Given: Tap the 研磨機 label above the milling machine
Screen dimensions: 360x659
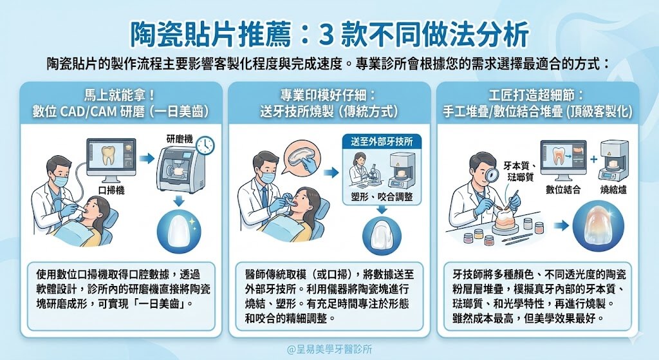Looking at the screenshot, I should point(180,138).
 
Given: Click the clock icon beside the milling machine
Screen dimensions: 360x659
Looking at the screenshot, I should point(205,146).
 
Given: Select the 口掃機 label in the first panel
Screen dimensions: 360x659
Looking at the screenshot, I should point(110,190).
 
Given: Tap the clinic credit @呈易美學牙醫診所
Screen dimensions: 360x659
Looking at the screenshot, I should point(329,348).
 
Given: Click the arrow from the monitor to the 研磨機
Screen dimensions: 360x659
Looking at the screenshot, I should point(146,158).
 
